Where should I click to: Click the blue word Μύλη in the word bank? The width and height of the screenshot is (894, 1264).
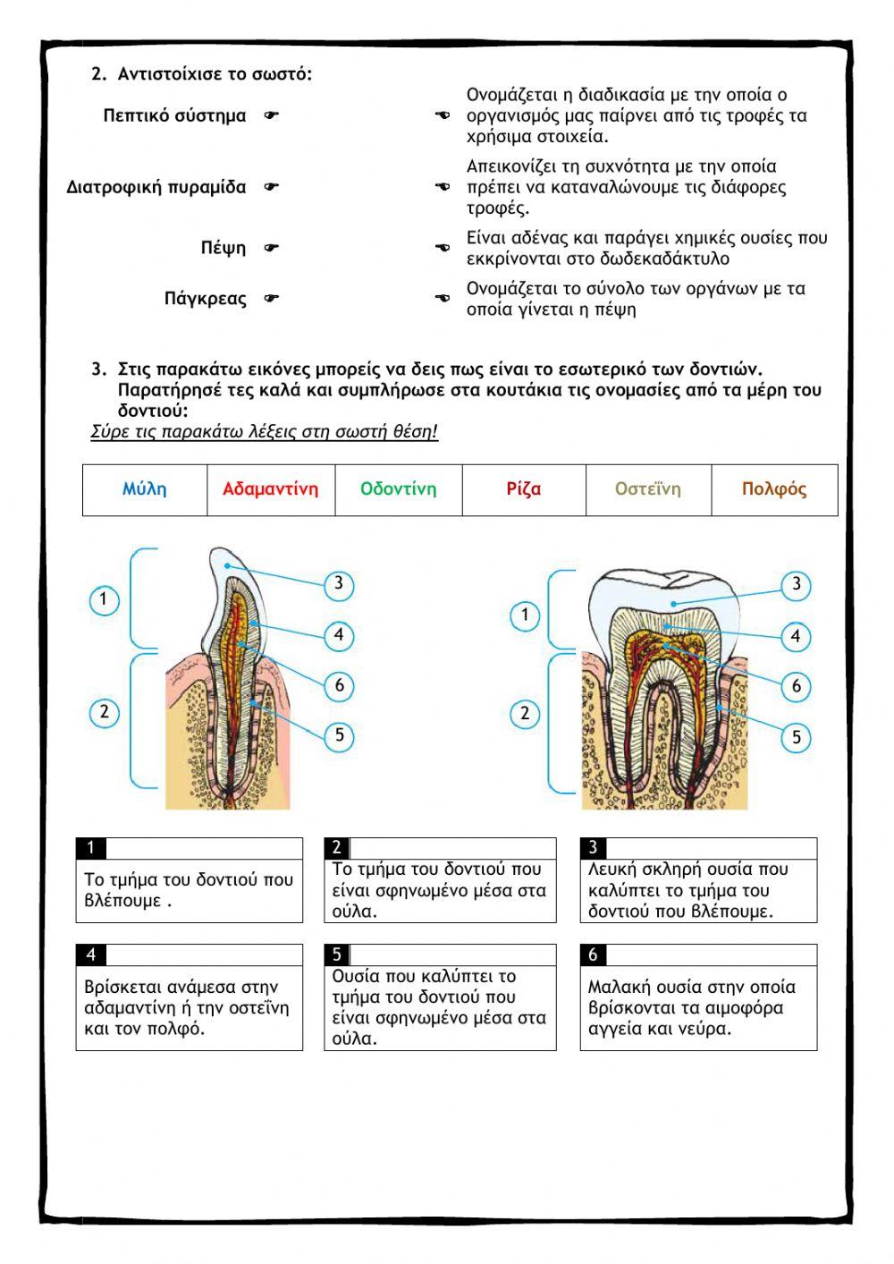[x=145, y=489]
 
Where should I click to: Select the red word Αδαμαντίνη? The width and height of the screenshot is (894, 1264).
[x=270, y=489]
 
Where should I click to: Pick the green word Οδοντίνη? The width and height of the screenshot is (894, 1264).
[x=399, y=489]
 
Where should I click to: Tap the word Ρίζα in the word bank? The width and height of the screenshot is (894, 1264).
[x=524, y=489]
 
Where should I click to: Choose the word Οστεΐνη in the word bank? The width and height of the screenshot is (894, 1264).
[x=648, y=489]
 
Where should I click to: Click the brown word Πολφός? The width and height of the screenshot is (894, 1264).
[x=774, y=489]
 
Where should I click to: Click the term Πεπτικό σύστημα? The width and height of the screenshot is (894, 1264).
[x=174, y=115]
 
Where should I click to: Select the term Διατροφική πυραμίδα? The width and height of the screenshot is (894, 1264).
[x=156, y=187]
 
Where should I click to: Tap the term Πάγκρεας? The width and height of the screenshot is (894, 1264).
[x=205, y=299]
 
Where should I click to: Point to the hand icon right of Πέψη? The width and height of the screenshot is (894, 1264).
[x=272, y=248]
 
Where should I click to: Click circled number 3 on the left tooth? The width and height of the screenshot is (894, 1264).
[x=339, y=585]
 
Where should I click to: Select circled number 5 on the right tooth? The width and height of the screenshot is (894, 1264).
[x=797, y=737]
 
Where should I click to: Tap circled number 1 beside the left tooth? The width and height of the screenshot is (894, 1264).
[x=105, y=599]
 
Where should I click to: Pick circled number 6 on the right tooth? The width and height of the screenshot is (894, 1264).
[x=797, y=687]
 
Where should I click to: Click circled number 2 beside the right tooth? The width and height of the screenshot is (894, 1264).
[x=525, y=714]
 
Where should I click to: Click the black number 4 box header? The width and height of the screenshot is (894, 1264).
[x=90, y=955]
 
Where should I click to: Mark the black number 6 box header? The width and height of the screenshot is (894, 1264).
[x=593, y=955]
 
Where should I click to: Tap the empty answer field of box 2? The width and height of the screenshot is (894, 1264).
[x=451, y=848]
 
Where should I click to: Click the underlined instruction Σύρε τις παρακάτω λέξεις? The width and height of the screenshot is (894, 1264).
[x=264, y=433]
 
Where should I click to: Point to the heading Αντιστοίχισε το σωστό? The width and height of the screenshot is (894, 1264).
[x=215, y=74]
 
